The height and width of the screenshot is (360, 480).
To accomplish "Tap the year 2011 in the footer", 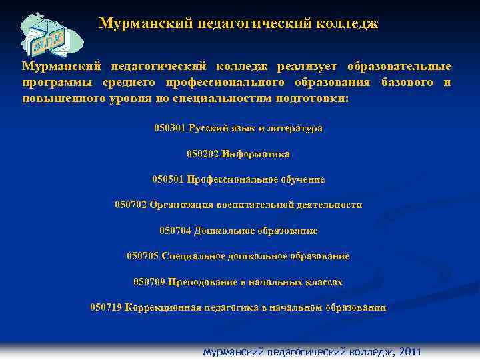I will (x=409, y=352).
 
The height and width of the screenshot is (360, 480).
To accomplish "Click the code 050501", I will (x=168, y=179).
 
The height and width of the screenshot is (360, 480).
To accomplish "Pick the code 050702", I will (x=131, y=205).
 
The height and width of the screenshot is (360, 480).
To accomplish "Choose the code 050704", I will (x=175, y=231).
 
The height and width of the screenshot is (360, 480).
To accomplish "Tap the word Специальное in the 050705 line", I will (x=189, y=256).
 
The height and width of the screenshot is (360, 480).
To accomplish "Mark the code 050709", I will (x=149, y=282).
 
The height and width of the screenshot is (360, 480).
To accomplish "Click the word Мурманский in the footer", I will (x=233, y=352).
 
